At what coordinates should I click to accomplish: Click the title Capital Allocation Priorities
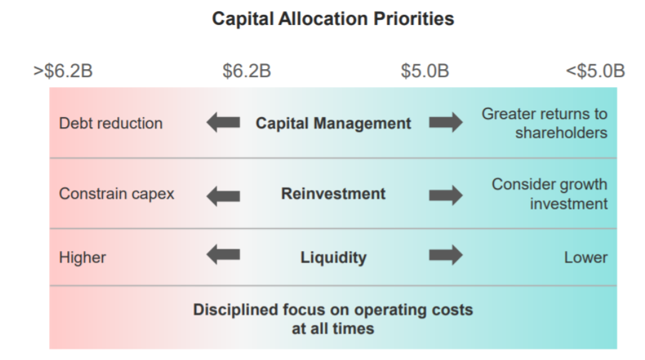coord(333,19)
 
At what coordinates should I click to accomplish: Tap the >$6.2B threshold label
coord(63,70)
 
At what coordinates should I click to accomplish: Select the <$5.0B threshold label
coord(595,70)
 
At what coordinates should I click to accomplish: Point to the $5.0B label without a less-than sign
coord(425,70)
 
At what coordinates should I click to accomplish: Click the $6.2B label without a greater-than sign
coord(247,70)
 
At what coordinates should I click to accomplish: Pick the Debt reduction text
coord(111,123)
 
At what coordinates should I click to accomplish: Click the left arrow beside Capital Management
coord(223,123)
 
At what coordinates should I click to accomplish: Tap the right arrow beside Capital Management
coord(446,123)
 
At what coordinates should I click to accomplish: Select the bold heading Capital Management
coord(333,123)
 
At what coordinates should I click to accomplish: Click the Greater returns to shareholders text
coord(544,123)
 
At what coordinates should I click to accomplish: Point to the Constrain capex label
coord(117,194)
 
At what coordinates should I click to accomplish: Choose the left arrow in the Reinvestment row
coord(223,196)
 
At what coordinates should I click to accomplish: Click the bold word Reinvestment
coord(333,194)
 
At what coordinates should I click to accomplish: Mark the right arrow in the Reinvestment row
coord(446,196)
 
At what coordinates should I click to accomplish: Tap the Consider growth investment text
coord(550,194)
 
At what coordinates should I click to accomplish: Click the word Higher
coord(82,258)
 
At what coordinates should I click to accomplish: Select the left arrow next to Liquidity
coord(223,255)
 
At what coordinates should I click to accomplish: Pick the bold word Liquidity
coord(333,258)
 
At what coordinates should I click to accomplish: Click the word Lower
coord(586,258)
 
